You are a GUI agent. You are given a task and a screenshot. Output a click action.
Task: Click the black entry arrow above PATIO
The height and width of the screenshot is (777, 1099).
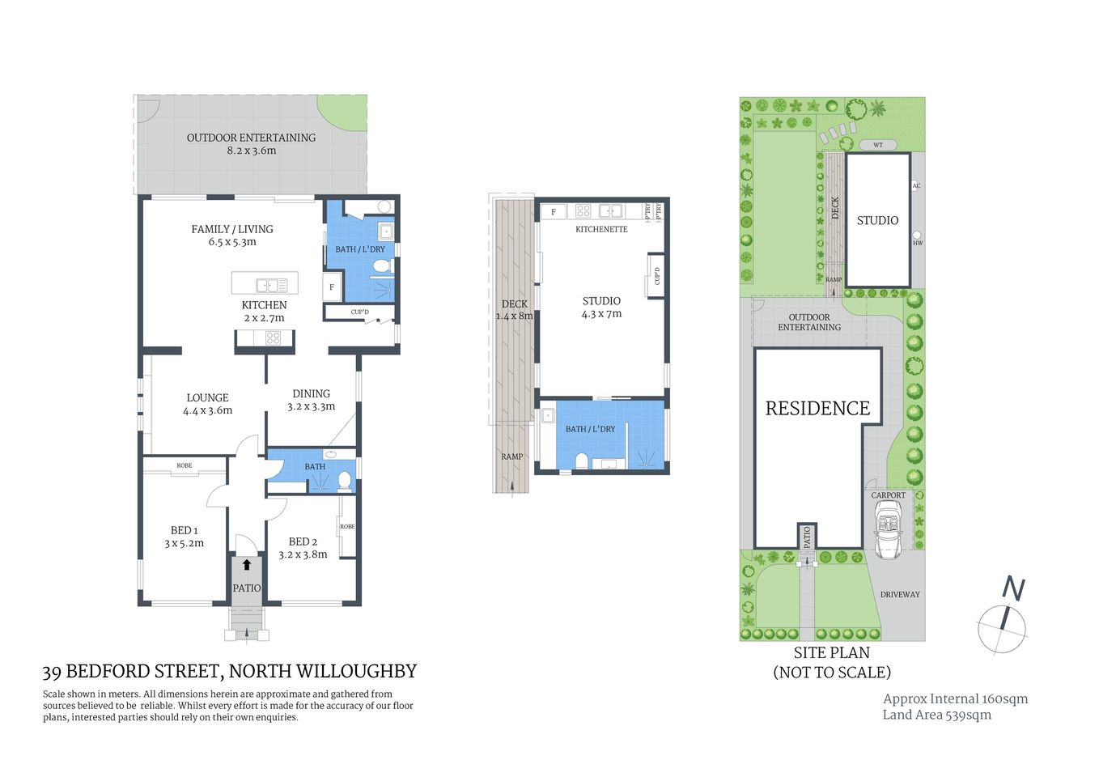tap(246, 565)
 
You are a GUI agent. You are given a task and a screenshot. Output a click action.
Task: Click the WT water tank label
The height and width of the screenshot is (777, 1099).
tap(878, 145)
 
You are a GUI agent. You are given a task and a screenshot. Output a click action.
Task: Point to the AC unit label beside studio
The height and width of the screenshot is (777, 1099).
tap(916, 186)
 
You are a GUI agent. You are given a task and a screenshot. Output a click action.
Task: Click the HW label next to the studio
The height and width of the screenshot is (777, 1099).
tap(917, 243)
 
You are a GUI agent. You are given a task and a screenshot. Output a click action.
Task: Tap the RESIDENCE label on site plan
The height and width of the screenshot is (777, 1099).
tap(817, 409)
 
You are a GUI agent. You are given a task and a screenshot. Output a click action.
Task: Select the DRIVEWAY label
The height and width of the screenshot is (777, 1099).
tap(900, 594)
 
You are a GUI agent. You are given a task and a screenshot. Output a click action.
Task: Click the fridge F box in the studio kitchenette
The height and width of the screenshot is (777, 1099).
tap(554, 212)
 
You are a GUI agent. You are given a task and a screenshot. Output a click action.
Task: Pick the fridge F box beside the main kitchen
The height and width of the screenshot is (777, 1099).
tap(332, 287)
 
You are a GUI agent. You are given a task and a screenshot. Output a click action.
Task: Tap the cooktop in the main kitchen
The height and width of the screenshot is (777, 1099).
tap(273, 339)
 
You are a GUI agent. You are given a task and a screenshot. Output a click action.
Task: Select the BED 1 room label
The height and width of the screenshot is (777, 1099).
tap(184, 530)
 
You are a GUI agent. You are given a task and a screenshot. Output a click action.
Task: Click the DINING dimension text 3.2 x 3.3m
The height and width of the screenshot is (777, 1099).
tap(311, 407)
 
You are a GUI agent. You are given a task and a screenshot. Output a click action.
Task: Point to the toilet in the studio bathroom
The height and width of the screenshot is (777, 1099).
tap(580, 461)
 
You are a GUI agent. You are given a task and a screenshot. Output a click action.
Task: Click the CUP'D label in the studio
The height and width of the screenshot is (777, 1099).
tap(657, 275)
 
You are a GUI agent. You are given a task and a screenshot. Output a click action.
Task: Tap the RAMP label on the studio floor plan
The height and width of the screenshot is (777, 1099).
tap(511, 456)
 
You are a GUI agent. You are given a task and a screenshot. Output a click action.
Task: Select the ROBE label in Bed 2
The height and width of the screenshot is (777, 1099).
tap(347, 527)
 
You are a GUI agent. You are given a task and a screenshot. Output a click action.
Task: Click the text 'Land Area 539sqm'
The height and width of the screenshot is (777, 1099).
tap(936, 715)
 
